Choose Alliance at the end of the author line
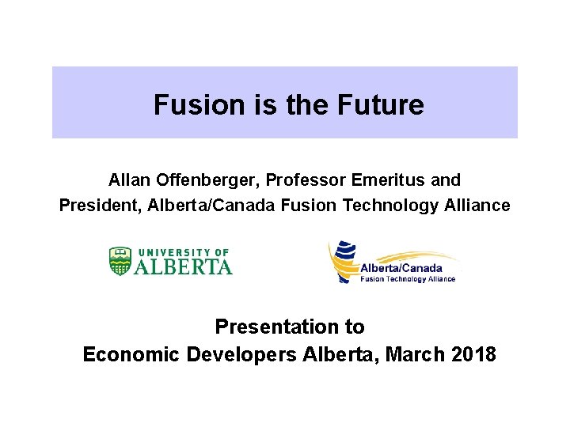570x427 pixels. [477, 206]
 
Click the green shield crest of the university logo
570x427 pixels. [120, 261]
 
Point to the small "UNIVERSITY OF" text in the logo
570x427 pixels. [182, 252]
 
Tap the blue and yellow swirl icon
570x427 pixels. [344, 261]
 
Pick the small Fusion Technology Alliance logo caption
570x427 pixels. [408, 279]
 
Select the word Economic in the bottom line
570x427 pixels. [131, 354]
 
